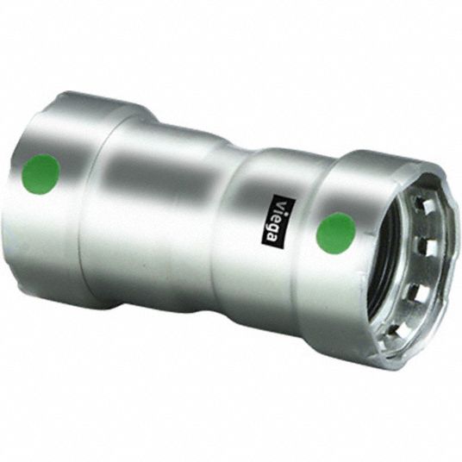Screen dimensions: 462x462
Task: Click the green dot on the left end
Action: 41,173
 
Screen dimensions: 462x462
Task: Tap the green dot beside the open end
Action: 335,232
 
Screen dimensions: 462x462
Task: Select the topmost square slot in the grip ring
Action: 421,201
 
